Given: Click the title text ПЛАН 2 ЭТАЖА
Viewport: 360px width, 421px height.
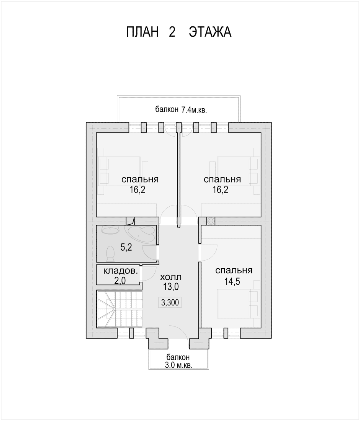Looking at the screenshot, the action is (178, 32).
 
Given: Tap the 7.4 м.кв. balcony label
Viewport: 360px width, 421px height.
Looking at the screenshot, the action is (181, 110).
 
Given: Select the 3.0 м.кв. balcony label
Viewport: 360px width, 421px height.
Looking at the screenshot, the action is (178, 361).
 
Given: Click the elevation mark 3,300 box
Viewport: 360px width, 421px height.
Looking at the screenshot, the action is (170, 303).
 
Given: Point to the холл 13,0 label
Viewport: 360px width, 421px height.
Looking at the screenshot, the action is (170, 282).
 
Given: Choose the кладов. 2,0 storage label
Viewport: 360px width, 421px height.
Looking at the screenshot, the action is (121, 276).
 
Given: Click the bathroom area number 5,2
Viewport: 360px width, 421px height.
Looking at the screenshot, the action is (126, 248).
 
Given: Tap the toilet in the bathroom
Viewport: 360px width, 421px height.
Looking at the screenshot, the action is (110, 254).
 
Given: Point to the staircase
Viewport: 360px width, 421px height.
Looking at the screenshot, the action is (119, 309).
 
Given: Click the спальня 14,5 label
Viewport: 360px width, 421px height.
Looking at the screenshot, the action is (234, 276).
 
